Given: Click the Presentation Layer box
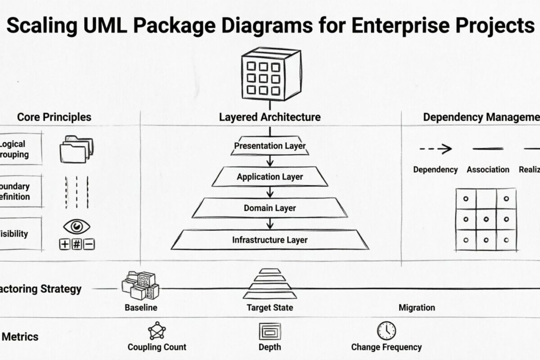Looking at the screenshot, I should tap(270, 146).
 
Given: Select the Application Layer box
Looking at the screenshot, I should tap(270, 177).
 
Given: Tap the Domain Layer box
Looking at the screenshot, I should tap(270, 208).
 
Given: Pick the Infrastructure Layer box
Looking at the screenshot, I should tap(270, 240).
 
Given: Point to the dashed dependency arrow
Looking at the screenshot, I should tap(435, 149).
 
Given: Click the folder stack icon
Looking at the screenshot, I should tap(76, 149).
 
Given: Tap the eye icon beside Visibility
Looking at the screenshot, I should tap(77, 226).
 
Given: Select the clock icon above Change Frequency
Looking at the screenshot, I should tap(386, 330).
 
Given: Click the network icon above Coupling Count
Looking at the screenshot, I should tap(157, 331).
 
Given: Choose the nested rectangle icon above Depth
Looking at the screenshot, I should tap(270, 332).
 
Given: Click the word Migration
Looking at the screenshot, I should tap(417, 308).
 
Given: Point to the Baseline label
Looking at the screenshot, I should tap(141, 308).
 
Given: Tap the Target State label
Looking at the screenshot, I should tap(270, 308).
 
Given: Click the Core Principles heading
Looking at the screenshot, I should tap(54, 117).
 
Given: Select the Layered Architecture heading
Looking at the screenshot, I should tap(270, 117).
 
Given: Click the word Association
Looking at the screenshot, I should tap(488, 170).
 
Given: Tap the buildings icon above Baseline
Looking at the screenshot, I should tap(140, 285).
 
